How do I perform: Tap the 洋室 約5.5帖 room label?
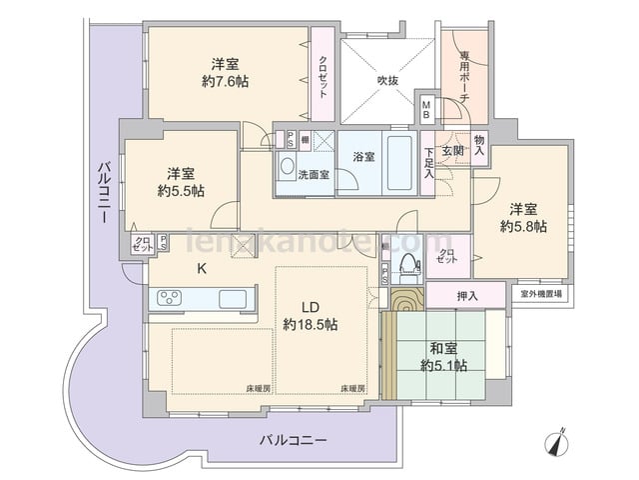click(x=179, y=180)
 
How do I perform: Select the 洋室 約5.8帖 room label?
click(x=523, y=218)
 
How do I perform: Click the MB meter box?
click(x=426, y=106)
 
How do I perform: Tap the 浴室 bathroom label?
click(x=363, y=157)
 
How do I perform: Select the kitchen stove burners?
click(x=168, y=297)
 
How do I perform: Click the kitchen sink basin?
click(x=234, y=297)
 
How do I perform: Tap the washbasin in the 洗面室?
click(x=287, y=165)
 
